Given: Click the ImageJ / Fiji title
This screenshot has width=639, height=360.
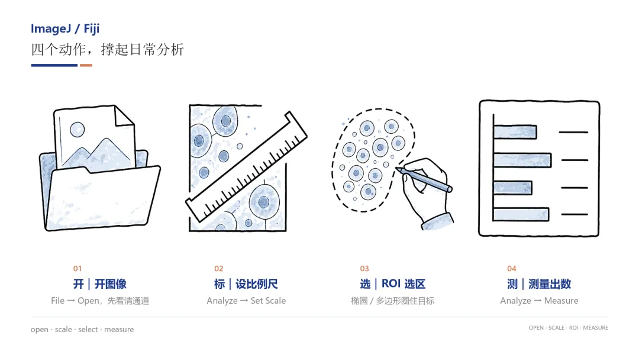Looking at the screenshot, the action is (x=65, y=29).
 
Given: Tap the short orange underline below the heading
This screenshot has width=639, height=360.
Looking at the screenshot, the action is (x=86, y=65).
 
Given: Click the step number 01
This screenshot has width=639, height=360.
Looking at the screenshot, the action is (x=78, y=269).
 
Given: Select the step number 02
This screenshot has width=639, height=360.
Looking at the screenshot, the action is (x=219, y=269).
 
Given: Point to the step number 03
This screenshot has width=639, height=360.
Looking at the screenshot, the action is (x=364, y=269).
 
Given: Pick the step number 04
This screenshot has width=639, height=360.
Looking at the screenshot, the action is (x=512, y=269).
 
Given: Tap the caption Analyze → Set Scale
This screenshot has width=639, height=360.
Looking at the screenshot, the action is (x=246, y=301).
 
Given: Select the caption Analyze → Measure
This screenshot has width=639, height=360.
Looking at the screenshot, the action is (x=539, y=301).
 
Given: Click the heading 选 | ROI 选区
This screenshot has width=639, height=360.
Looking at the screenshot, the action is (x=393, y=284).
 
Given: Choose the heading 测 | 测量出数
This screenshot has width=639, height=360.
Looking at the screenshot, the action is (x=539, y=284).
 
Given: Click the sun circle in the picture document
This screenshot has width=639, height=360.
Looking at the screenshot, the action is (x=77, y=130).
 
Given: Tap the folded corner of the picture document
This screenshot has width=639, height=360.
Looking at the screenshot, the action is (x=124, y=116).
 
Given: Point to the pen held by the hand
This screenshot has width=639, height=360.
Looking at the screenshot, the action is (x=424, y=179).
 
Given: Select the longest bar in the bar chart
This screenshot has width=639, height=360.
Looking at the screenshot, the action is (x=522, y=160).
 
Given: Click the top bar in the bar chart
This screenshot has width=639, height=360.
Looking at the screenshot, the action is (x=515, y=132).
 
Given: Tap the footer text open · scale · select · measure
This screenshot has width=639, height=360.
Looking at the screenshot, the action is (x=82, y=329).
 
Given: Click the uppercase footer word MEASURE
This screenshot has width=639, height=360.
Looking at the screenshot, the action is (x=595, y=328).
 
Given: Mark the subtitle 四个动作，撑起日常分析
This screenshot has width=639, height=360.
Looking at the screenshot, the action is (x=108, y=50).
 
